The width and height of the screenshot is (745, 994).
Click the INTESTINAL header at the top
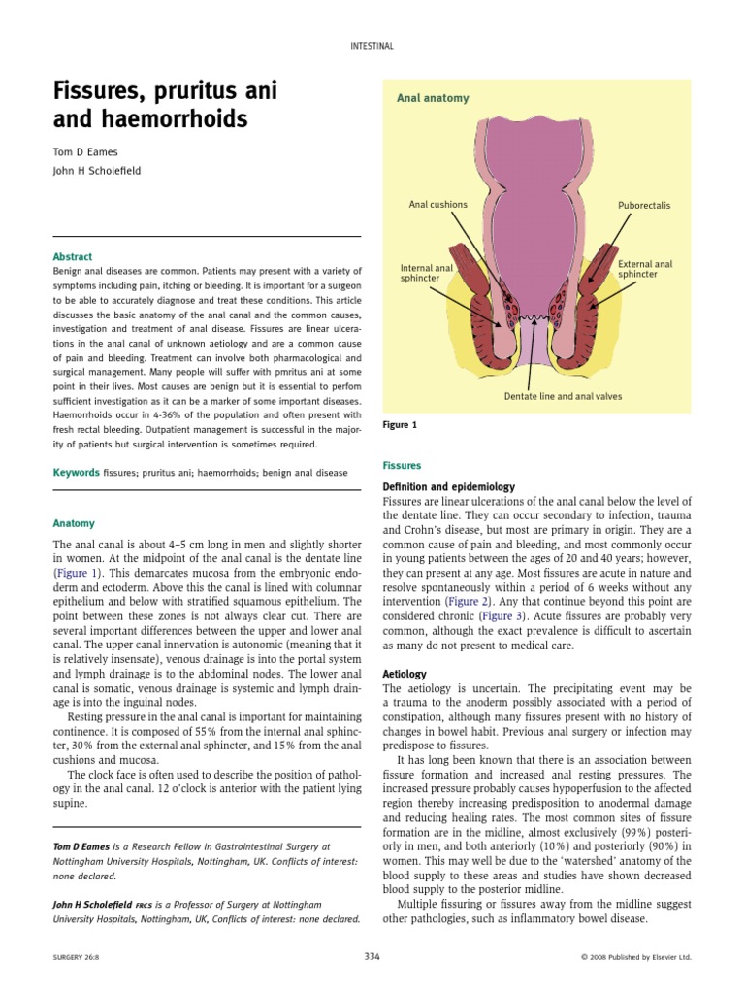click(x=372, y=46)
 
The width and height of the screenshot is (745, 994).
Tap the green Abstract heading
click(x=73, y=257)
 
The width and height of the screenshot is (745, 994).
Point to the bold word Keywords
click(x=77, y=473)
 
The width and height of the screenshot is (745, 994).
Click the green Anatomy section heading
click(x=74, y=524)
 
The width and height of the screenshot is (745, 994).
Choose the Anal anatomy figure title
click(x=433, y=98)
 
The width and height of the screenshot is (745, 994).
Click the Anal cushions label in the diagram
click(x=437, y=205)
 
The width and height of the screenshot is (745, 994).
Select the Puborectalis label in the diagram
click(x=644, y=206)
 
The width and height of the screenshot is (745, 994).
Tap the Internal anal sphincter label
click(x=427, y=273)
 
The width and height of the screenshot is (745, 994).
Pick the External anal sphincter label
click(x=645, y=269)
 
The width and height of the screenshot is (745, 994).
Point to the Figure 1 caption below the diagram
click(x=400, y=425)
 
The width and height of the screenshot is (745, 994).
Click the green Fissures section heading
click(x=401, y=466)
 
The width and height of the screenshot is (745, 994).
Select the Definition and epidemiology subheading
click(x=449, y=486)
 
